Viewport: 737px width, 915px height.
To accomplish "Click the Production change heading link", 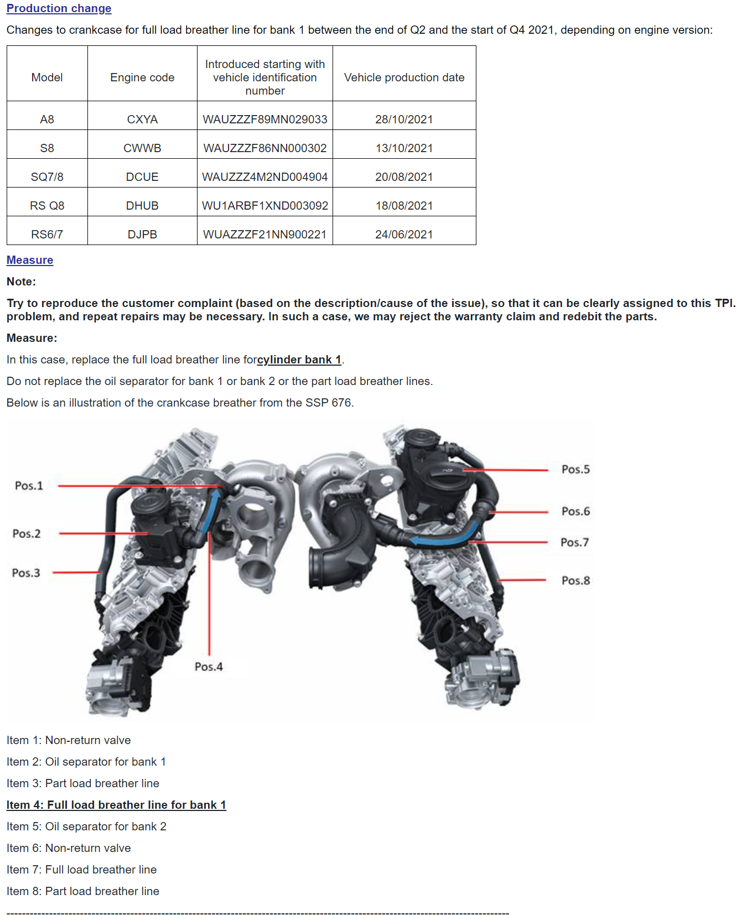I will [x=59, y=8].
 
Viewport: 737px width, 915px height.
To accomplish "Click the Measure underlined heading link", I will [x=30, y=260].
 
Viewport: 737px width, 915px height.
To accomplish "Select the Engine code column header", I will [x=142, y=77].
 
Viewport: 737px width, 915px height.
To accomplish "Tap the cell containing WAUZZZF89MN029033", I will [x=264, y=119].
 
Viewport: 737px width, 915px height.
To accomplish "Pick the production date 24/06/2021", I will [x=404, y=235].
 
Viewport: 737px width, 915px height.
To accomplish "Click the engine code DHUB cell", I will [x=142, y=206].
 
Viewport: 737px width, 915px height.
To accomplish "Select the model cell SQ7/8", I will [x=47, y=177].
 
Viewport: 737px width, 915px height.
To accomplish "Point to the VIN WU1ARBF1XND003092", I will [x=264, y=206].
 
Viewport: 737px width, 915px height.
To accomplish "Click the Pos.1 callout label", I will [x=29, y=486].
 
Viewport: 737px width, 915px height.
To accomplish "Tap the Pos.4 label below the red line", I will [x=209, y=667].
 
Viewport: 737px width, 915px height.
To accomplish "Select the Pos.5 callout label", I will [x=575, y=470].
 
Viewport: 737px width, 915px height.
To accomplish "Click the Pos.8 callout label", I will [x=575, y=581].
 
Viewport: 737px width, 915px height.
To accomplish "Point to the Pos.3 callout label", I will [x=26, y=573].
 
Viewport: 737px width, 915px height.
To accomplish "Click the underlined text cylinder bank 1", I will [x=299, y=360].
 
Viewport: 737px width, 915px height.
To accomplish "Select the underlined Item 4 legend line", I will [x=116, y=805].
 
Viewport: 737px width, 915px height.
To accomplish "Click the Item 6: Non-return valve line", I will [x=69, y=848].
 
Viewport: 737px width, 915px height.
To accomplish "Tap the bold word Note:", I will [x=21, y=282].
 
